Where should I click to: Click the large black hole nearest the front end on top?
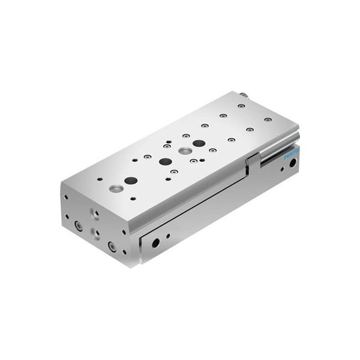tap(131, 181)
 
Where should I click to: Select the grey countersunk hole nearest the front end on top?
tap(116, 188)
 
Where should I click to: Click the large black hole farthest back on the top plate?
tap(199, 143)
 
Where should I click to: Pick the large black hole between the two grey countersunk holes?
tap(164, 161)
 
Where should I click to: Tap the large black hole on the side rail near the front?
tap(155, 243)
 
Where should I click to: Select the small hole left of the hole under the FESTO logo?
tap(281, 169)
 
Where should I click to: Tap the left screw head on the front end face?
tap(78, 226)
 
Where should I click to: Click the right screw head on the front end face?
tap(112, 245)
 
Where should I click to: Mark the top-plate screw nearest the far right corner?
tap(268, 119)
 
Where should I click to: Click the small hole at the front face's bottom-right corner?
tap(124, 251)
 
